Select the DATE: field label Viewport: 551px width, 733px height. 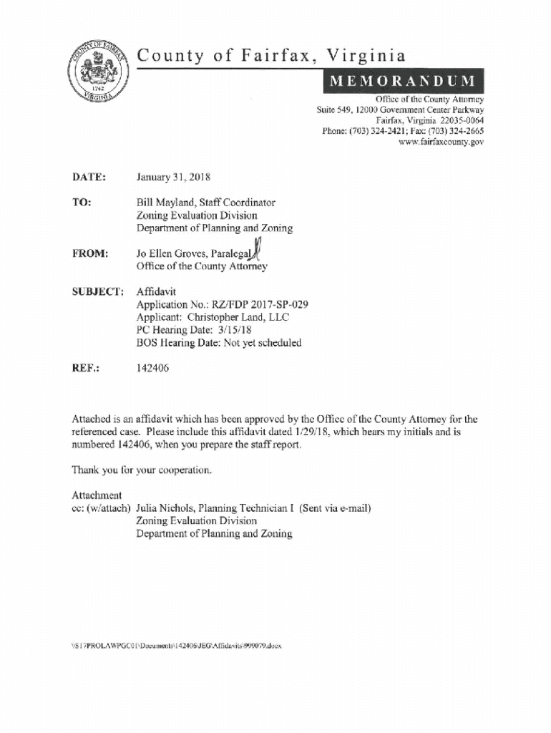coord(89,177)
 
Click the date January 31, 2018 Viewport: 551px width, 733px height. coord(173,177)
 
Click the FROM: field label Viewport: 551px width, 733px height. coord(90,253)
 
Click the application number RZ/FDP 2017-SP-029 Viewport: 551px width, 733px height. coord(258,304)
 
